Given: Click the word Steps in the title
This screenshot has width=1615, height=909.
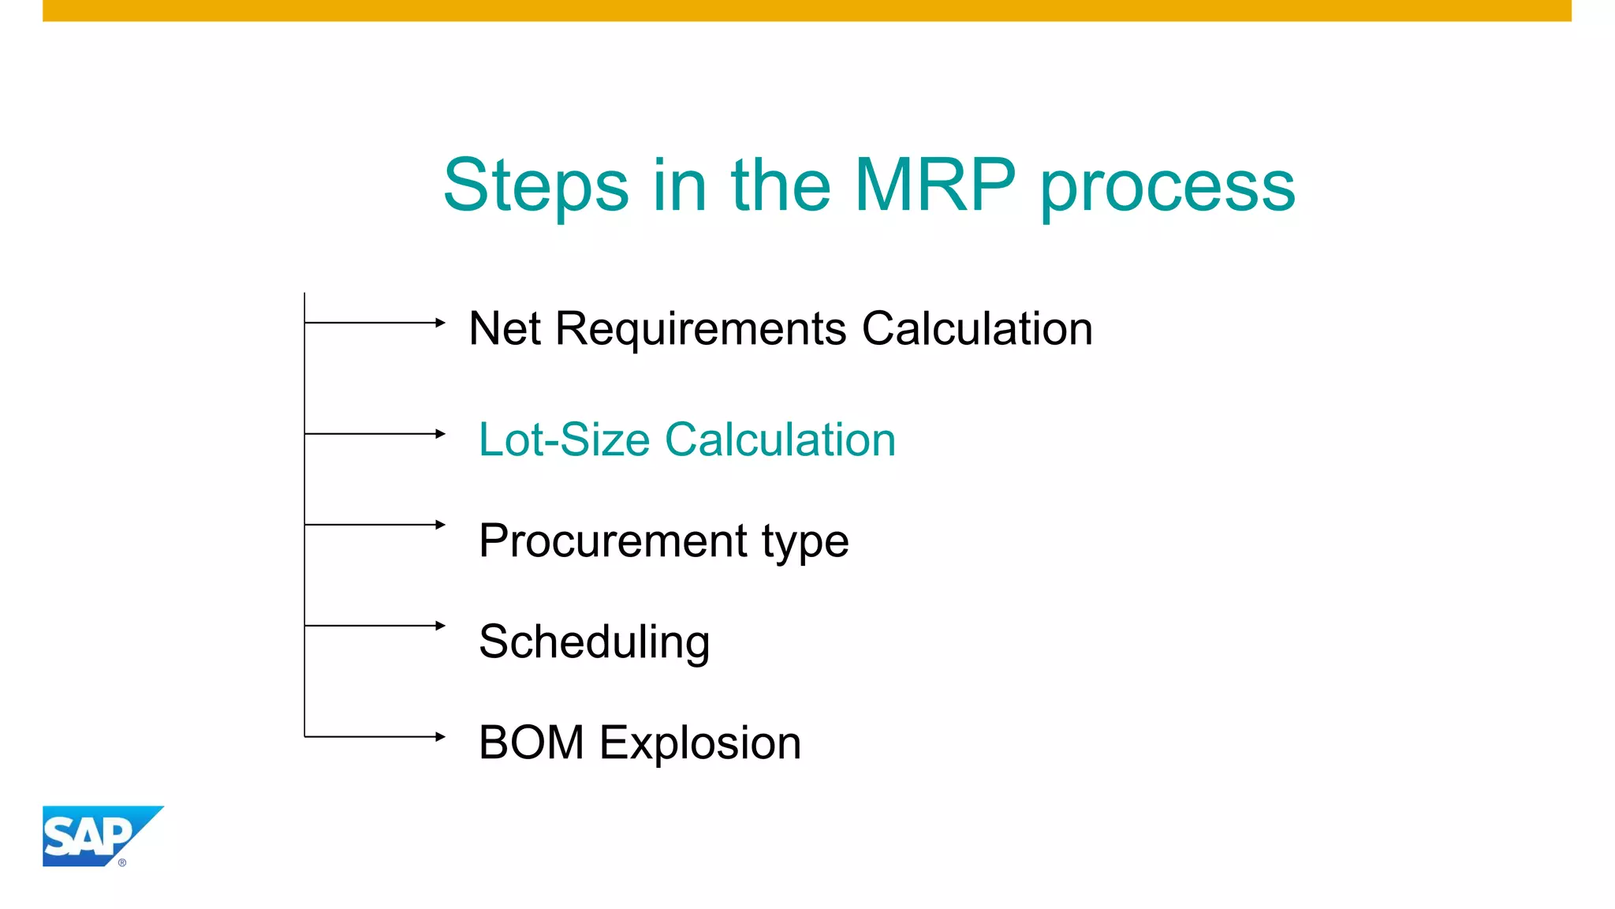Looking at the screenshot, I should pyautogui.click(x=535, y=186).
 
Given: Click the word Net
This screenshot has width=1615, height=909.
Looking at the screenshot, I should pyautogui.click(x=504, y=328).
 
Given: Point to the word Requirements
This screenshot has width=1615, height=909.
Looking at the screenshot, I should pyautogui.click(x=701, y=330).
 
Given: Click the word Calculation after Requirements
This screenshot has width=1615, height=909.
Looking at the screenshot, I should pyautogui.click(x=977, y=328).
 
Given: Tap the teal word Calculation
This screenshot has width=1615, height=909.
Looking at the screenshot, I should pyautogui.click(x=780, y=440).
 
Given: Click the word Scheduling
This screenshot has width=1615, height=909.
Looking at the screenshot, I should pyautogui.click(x=594, y=642).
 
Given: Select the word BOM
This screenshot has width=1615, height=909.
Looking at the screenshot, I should pyautogui.click(x=531, y=743).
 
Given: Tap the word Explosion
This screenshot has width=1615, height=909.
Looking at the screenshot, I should pyautogui.click(x=700, y=744).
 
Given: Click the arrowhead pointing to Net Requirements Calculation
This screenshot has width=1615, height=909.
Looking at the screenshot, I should pyautogui.click(x=441, y=323).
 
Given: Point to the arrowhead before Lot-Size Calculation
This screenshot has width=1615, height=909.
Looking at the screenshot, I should pyautogui.click(x=441, y=434).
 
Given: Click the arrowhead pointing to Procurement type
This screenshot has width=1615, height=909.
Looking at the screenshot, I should pyautogui.click(x=441, y=525).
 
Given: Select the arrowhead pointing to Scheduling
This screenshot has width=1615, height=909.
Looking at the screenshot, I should pyautogui.click(x=441, y=626).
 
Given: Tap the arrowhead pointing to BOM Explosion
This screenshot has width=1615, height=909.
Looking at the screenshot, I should pyautogui.click(x=441, y=737).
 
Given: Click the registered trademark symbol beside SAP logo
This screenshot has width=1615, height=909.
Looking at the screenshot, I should pyautogui.click(x=122, y=862).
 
